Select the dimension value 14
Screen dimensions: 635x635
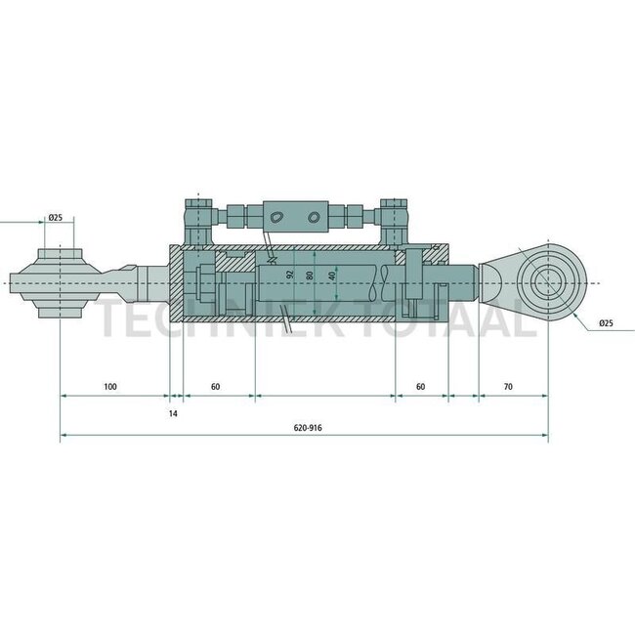pyautogui.click(x=173, y=413)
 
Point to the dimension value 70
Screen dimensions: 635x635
pyautogui.click(x=508, y=387)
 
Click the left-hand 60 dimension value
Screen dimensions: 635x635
pyautogui.click(x=216, y=387)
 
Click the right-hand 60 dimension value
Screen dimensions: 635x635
pyautogui.click(x=420, y=387)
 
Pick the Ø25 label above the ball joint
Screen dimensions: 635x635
pyautogui.click(x=55, y=217)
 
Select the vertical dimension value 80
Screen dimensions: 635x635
pyautogui.click(x=310, y=275)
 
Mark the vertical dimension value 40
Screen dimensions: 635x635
pyautogui.click(x=332, y=276)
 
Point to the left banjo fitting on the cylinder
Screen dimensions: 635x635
pyautogui.click(x=198, y=218)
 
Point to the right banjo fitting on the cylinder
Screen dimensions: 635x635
pyautogui.click(x=394, y=218)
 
